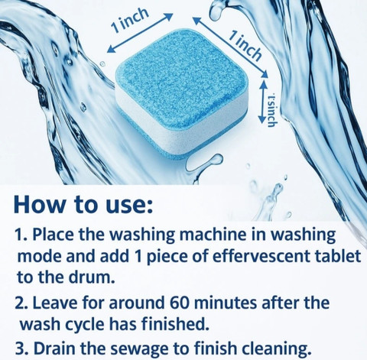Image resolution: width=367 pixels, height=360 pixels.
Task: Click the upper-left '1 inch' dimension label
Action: (130, 21)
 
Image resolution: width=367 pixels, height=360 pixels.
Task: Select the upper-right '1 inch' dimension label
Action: (245, 46)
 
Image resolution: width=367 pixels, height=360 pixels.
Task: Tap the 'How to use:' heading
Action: (83, 204)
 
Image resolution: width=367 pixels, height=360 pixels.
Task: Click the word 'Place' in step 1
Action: (53, 235)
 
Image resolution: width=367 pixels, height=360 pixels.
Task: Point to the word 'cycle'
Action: (85, 325)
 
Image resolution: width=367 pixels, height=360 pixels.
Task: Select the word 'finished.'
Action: (174, 323)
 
